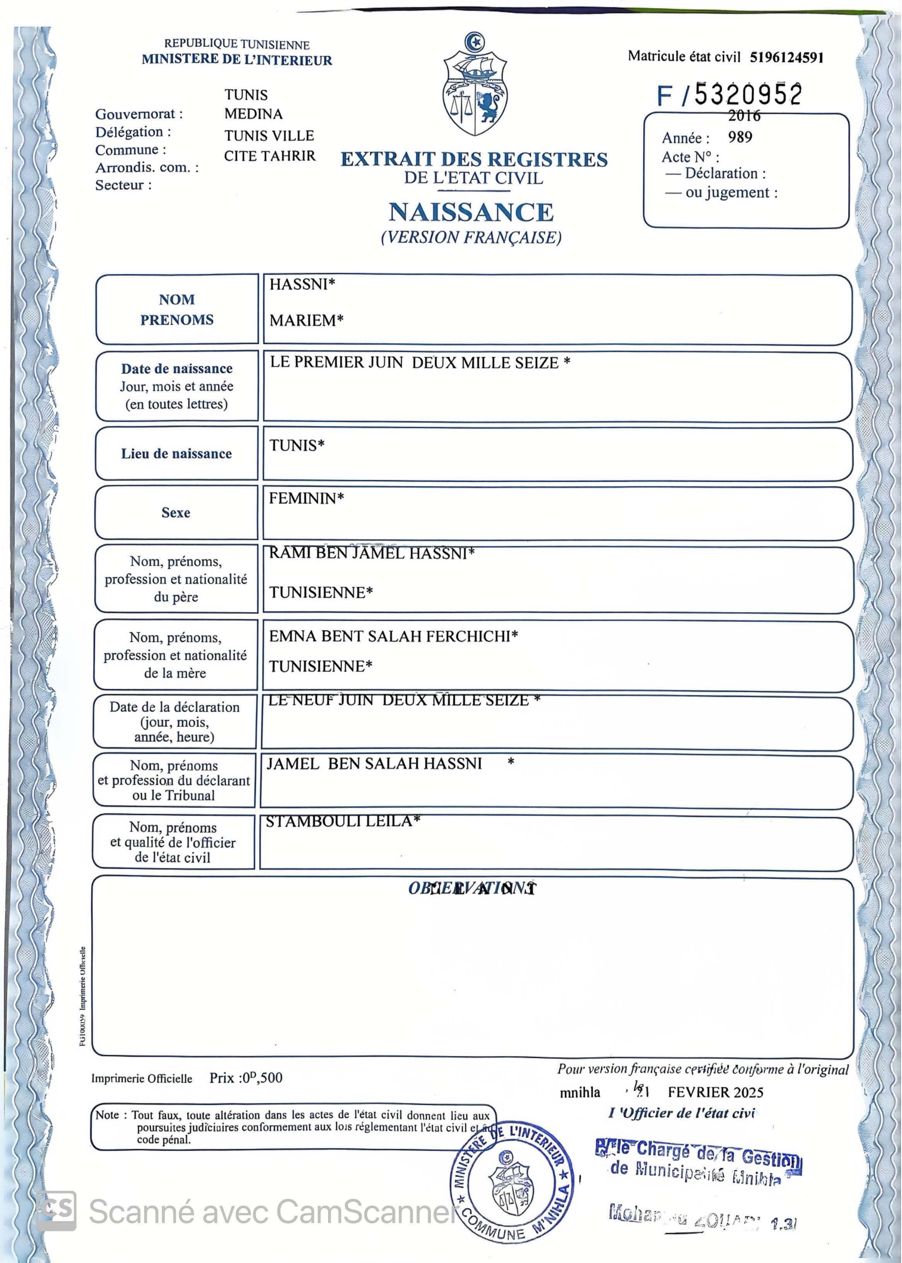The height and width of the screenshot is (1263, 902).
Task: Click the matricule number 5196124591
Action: [x=786, y=57]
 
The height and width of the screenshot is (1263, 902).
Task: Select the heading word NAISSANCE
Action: [x=471, y=212]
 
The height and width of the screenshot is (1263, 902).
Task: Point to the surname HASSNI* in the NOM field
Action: [x=302, y=284]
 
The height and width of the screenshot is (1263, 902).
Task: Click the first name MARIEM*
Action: [x=306, y=321]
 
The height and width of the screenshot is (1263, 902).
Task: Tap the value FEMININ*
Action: [x=306, y=498]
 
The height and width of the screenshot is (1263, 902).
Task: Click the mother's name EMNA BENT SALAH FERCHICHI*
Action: [x=393, y=636]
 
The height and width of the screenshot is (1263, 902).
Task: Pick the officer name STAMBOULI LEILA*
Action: [x=343, y=821]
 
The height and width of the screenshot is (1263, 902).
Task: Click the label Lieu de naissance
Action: [x=176, y=454]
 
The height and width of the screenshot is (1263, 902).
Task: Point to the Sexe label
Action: [x=176, y=513]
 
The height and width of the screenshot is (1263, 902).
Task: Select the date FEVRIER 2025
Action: [x=716, y=1092]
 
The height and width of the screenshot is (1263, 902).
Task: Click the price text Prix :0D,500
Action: [x=246, y=1078]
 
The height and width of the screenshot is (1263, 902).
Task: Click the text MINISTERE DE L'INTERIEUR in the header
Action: [x=237, y=60]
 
